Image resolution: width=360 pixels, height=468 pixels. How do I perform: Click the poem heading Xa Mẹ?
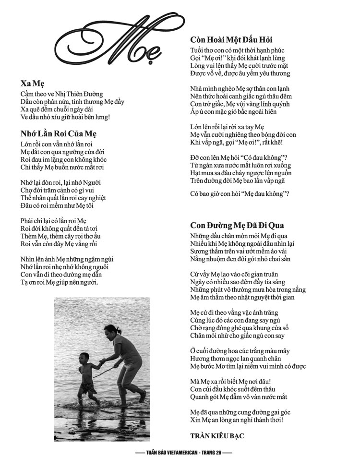tap(33, 83)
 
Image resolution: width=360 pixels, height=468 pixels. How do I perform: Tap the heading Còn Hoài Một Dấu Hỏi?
tap(231, 40)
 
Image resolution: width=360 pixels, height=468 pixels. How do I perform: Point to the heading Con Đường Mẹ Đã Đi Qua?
tap(237, 225)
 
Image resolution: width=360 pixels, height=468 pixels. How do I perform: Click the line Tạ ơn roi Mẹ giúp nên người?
tap(60, 282)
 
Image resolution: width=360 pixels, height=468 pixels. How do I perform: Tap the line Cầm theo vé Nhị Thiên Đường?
tap(62, 94)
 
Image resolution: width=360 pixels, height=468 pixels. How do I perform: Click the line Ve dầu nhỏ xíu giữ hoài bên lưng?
tap(66, 117)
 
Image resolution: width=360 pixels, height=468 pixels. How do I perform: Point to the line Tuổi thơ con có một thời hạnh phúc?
tap(237, 50)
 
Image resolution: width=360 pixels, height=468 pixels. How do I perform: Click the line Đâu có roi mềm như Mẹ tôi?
tap(57, 205)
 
